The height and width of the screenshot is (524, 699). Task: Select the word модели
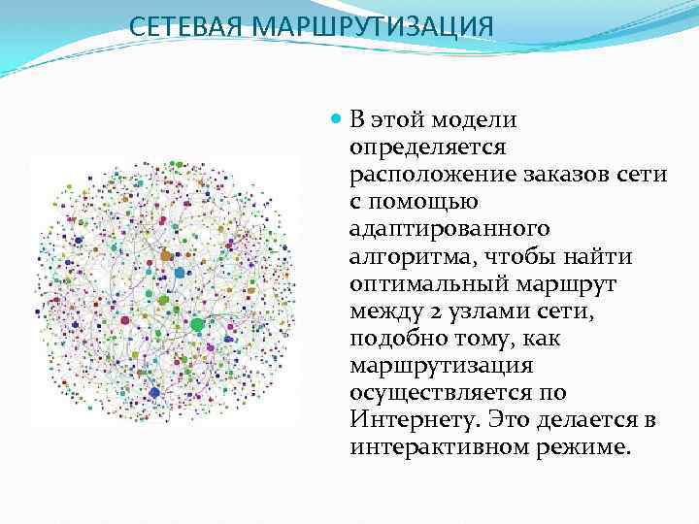point(475,120)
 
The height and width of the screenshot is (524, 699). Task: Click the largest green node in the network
point(197,324)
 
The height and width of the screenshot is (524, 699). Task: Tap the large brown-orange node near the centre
point(166,255)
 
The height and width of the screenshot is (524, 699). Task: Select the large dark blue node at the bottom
point(154,392)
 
